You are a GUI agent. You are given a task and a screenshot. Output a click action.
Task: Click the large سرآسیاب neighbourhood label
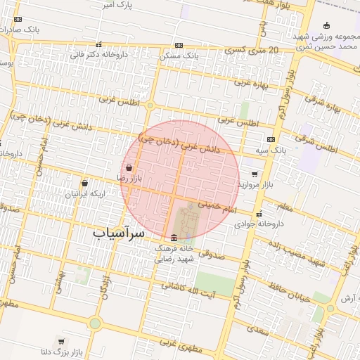pos(119,232)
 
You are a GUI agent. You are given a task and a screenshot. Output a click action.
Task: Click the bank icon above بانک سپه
pos(271,140)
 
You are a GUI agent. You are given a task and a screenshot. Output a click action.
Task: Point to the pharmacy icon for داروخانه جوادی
pos(259,214)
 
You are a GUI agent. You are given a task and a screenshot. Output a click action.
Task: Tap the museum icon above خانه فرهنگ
pos(174,237)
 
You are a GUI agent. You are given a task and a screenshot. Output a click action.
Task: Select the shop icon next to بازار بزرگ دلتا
pos(62,341)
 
